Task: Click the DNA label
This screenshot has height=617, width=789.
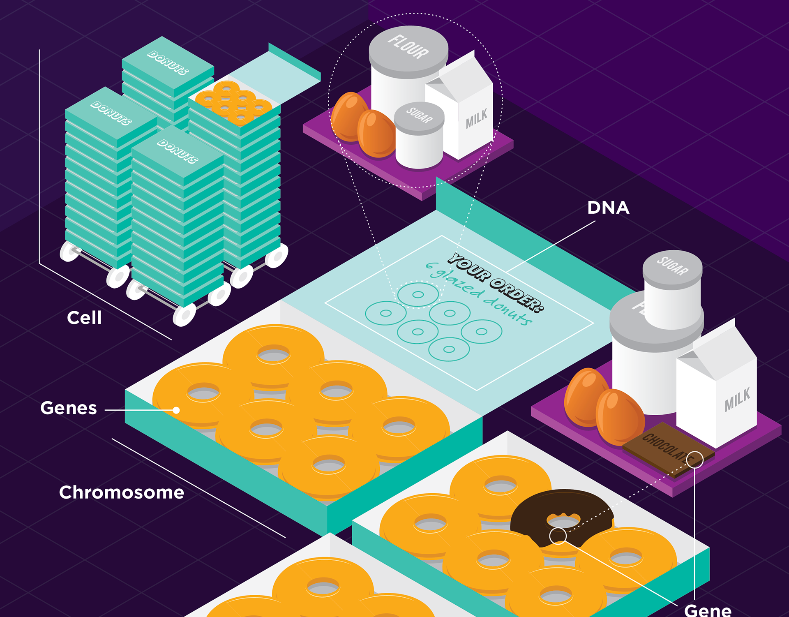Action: pos(608,208)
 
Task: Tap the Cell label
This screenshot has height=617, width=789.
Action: pos(84,318)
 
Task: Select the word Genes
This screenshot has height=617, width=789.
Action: pos(69,408)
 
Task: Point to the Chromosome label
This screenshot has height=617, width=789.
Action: pos(122,492)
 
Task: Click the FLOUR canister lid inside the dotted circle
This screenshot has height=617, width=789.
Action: pos(408,47)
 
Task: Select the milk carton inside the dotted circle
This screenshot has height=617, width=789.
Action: pos(468,111)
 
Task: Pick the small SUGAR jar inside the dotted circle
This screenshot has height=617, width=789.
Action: pos(419,136)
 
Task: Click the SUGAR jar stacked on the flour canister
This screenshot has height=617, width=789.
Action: pos(673,288)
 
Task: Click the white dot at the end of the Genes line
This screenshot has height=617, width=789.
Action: pos(176,410)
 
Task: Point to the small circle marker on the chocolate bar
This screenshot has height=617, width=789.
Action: pos(694,460)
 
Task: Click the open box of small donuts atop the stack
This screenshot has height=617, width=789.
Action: pos(233,103)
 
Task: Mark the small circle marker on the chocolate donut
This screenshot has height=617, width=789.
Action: pos(558,536)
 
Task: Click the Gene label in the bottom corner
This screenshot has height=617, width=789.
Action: pos(708,610)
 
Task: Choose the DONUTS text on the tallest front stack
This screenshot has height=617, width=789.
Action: pos(178,151)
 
